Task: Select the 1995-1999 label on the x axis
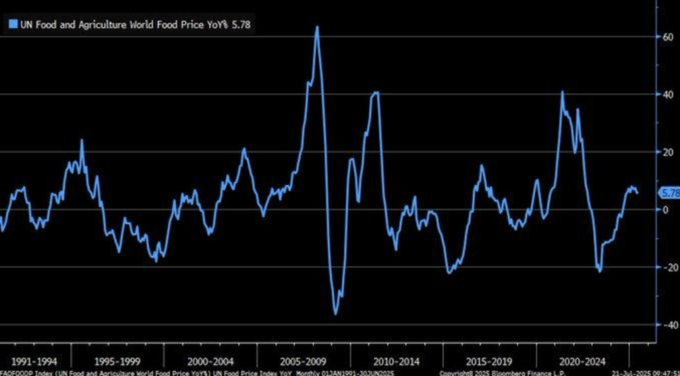tap(117, 362)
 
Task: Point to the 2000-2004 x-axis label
tap(209, 362)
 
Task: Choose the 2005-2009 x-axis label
tap(302, 362)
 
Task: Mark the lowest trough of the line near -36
tap(335, 314)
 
